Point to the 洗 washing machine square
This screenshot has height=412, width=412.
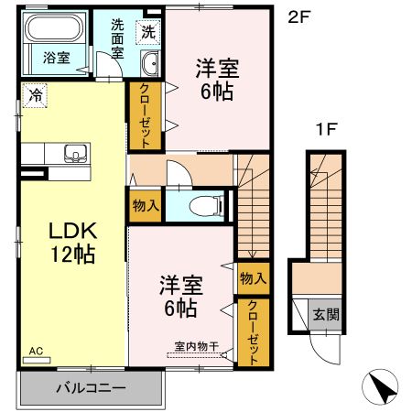point(149,32)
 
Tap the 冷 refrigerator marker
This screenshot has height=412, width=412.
point(35,93)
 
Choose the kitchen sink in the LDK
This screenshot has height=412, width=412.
point(75,153)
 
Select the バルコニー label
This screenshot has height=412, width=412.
point(90,387)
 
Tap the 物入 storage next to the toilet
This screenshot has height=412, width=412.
point(145,206)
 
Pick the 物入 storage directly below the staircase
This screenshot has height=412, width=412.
point(253,278)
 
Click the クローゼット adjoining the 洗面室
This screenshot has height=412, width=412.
point(146,115)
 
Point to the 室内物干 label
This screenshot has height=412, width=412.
point(195,346)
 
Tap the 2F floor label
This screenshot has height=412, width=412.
point(298,16)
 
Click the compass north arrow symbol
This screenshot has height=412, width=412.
point(382,387)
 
